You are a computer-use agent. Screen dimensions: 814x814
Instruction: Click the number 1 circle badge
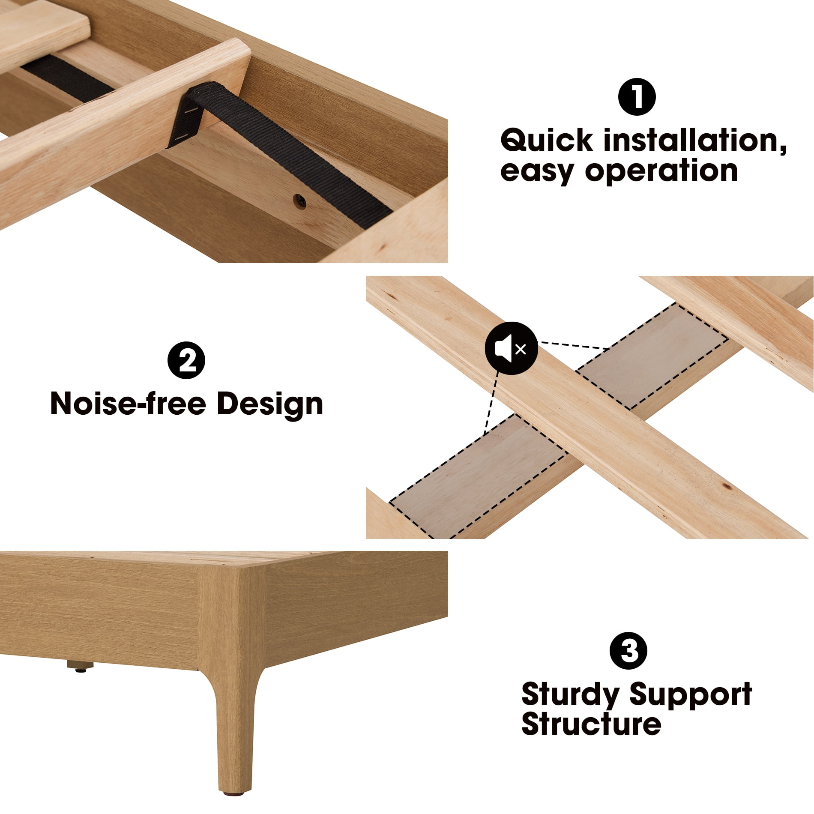(x=637, y=97)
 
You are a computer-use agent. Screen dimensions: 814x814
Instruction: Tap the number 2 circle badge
(x=186, y=360)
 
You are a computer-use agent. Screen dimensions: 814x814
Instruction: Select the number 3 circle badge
(x=628, y=651)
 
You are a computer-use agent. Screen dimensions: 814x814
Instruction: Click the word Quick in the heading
(x=547, y=141)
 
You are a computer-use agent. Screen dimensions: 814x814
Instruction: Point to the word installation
(x=695, y=141)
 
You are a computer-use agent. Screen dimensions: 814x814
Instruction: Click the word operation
(x=661, y=171)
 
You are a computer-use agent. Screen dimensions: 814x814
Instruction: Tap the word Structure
(x=591, y=724)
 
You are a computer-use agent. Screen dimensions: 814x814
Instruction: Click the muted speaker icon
(x=511, y=348)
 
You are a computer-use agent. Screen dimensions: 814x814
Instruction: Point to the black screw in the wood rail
(x=300, y=200)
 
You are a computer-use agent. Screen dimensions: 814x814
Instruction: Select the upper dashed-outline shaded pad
(x=651, y=356)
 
